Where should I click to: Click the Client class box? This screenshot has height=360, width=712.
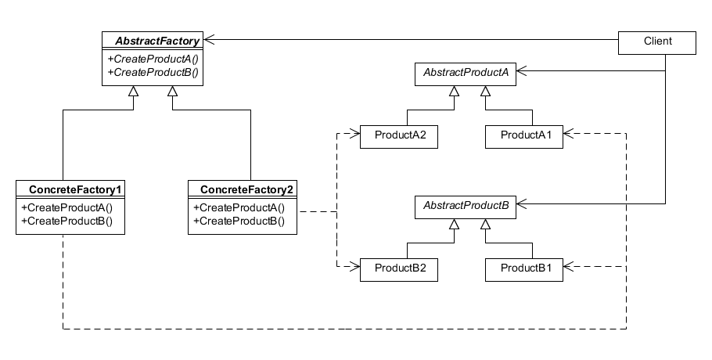(657, 43)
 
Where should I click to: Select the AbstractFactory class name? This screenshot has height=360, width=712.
(157, 41)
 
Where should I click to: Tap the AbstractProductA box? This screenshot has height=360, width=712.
(466, 74)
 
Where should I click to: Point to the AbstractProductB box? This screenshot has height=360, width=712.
(466, 207)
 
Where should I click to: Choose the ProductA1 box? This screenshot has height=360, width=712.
(524, 137)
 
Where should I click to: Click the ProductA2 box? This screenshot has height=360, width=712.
(399, 137)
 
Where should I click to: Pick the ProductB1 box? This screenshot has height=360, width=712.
(524, 270)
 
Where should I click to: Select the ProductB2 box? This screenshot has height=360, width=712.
(399, 270)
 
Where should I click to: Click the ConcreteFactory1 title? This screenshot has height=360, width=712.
(75, 189)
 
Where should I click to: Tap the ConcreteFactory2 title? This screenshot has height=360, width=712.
(247, 189)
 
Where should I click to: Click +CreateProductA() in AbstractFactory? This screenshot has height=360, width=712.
(153, 59)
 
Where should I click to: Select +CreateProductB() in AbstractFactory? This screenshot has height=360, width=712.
(153, 72)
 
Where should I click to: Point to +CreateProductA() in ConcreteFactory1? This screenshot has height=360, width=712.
(67, 208)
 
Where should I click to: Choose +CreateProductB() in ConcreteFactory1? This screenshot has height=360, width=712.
(67, 221)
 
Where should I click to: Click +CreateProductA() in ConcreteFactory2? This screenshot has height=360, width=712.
(239, 208)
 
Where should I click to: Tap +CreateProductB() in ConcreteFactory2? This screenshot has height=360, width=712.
(239, 221)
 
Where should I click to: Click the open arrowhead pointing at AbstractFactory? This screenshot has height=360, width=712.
(209, 39)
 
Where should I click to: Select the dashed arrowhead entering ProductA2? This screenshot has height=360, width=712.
(354, 134)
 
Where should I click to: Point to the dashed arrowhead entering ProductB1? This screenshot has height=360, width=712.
(569, 267)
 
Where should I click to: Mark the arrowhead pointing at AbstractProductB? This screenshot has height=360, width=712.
(522, 203)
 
